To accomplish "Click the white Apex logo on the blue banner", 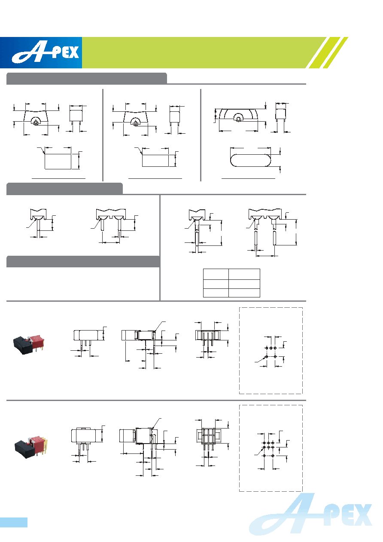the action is tap(46, 52).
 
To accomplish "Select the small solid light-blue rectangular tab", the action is tap(14, 522).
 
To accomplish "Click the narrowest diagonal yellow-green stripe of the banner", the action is tap(335, 52).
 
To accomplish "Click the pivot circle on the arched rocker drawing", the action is tap(238, 119).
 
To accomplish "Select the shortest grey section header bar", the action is tap(64, 189).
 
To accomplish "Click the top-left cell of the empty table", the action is tap(216, 274).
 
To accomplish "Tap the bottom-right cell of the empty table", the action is tap(244, 293).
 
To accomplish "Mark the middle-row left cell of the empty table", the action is tap(216, 284).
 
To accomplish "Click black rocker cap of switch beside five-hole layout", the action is tap(22, 345).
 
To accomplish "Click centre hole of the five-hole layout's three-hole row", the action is tap(271, 348).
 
